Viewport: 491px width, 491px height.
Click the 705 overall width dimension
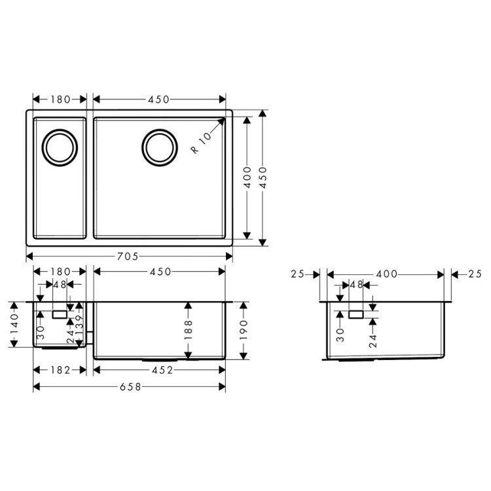point(128,257)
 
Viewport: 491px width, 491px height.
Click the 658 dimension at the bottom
point(128,386)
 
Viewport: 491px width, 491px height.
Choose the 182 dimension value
point(60,371)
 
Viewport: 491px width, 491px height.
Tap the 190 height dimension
point(244,331)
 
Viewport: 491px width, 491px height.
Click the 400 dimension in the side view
point(386,274)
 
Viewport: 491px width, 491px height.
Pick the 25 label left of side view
point(298,274)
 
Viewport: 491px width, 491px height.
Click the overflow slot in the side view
point(356,315)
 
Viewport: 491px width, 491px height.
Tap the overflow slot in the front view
point(60,315)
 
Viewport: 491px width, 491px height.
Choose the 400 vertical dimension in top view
point(247,178)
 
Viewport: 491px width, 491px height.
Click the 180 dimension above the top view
point(60,100)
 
